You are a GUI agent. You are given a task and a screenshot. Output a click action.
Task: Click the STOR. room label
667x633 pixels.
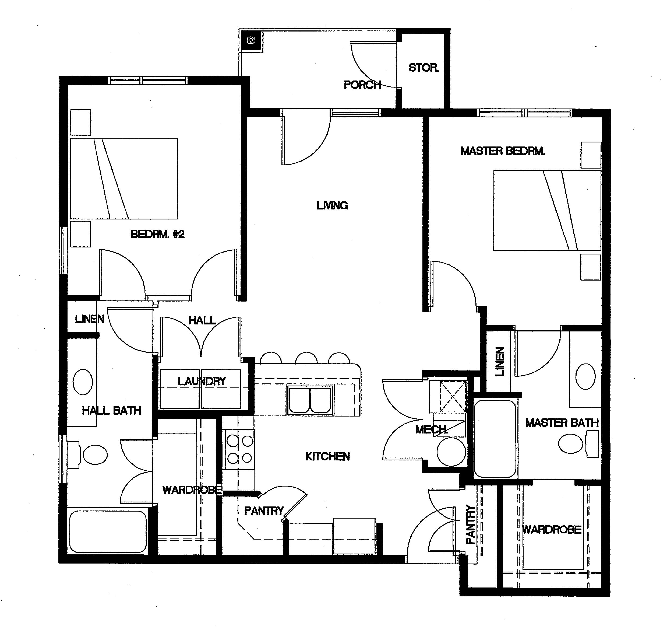tap(424, 68)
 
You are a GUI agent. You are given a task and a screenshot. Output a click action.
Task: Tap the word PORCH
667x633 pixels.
tap(362, 85)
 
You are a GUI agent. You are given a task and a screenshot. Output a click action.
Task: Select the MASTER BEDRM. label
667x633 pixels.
tap(503, 151)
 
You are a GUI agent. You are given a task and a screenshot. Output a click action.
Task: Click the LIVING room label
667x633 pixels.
tap(333, 205)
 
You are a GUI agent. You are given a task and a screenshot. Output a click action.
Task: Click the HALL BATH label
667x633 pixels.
tap(111, 411)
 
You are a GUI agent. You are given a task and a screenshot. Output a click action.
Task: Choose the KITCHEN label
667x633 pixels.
tap(327, 457)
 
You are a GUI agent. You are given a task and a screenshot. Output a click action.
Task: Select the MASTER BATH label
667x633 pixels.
tap(562, 423)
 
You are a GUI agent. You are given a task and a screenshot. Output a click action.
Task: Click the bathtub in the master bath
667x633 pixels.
tap(495, 439)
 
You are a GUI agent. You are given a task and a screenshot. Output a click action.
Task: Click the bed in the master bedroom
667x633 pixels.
tap(547, 210)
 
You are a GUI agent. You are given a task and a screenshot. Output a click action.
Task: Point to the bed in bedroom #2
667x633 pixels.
tap(124, 179)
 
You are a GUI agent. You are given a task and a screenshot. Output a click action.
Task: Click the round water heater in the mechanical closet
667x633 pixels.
tap(451, 452)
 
